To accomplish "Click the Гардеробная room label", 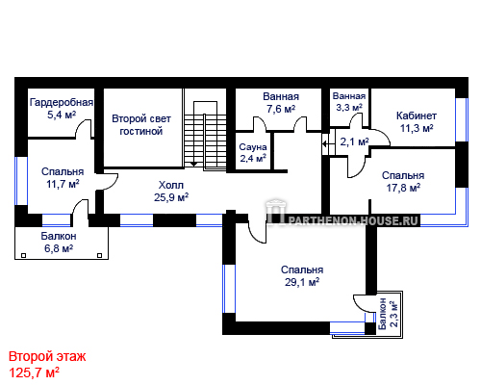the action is tap(62, 102).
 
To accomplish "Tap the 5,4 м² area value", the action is tap(62, 115).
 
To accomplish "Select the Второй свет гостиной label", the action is tap(141, 125).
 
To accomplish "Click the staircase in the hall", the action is tap(205, 135).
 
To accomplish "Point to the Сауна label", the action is tap(253, 147).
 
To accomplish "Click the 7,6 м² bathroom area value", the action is tap(281, 109).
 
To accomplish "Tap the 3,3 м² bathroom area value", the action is tap(349, 107).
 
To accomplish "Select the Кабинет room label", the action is tap(417, 115).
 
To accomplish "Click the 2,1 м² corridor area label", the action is tap(354, 141).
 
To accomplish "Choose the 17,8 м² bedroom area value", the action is tap(403, 188).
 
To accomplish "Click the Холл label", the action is tap(171, 185).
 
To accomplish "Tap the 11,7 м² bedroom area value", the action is tap(63, 184).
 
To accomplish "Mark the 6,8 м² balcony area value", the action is tap(59, 248).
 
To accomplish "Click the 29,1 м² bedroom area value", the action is tap(302, 282).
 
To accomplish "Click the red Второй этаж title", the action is tap(47, 356).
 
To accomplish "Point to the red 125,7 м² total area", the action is tap(34, 372).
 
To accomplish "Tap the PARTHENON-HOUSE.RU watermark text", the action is tap(354, 220).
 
